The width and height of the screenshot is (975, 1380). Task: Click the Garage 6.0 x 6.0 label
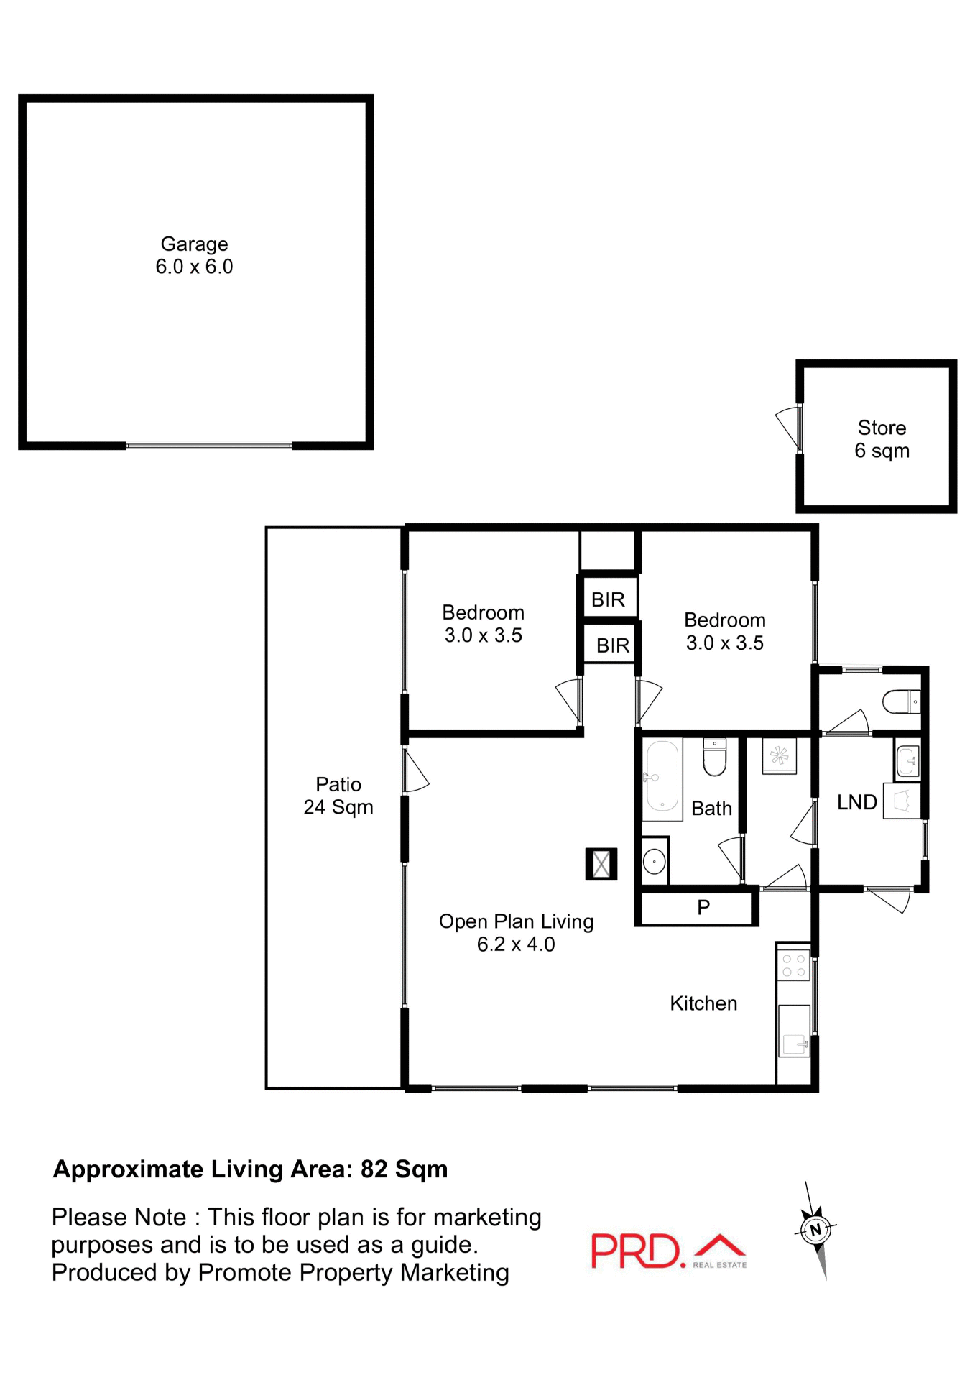pos(194,255)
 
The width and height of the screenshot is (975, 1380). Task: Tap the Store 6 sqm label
pos(882,439)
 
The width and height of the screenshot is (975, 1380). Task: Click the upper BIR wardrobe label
pos(608,599)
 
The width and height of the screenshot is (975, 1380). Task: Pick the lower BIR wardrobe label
pos(613,645)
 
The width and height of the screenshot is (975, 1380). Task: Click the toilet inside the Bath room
pos(714,758)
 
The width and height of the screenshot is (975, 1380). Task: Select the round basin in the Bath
pos(654,861)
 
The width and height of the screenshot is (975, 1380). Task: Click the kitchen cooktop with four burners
pos(793,965)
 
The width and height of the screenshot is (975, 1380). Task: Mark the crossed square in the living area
pos(601,864)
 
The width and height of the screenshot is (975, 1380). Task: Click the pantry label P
pos(703,907)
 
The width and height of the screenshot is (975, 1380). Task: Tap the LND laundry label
pos(856,802)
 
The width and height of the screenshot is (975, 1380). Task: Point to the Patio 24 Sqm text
pos(338,796)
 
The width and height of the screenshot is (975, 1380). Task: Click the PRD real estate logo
pos(668,1251)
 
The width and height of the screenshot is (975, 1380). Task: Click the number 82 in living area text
pos(374,1170)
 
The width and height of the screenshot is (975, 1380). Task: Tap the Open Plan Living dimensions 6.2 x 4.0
pos(516,944)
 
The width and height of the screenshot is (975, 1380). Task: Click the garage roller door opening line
pos(209,446)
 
